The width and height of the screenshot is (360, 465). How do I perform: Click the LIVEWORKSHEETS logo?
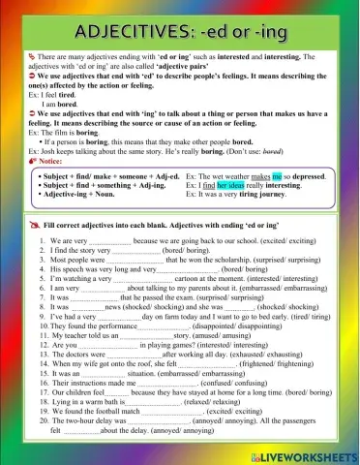tap(306, 454)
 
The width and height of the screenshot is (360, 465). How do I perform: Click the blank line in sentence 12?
tap(98, 343)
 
